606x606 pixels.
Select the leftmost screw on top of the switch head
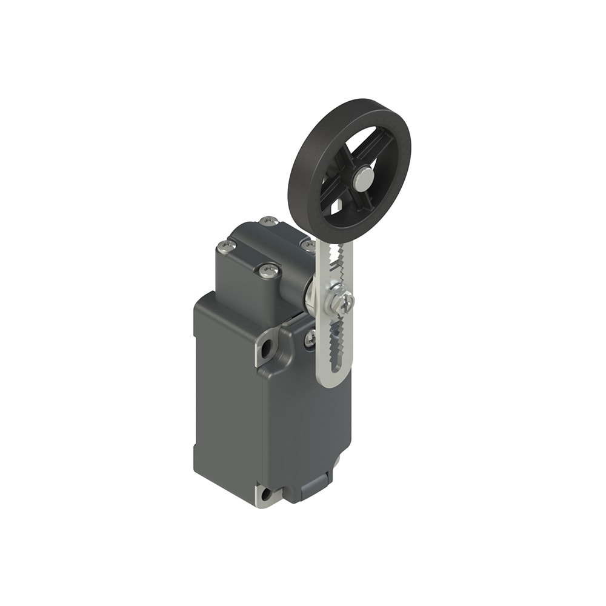pyautogui.click(x=227, y=245)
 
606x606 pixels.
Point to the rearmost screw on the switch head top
pyautogui.click(x=268, y=222)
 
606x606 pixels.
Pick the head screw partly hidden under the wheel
pyautogui.click(x=308, y=245)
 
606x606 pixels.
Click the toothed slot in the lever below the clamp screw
pyautogui.click(x=335, y=345)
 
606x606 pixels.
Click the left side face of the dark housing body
pyautogui.click(x=224, y=394)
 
